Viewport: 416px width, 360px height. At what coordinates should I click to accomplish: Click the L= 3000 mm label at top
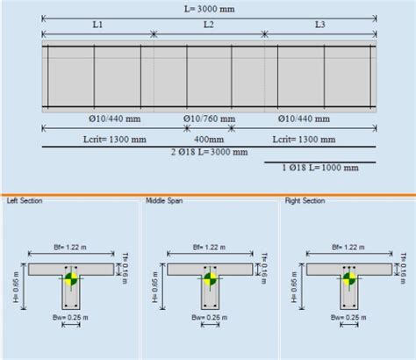pos(208,7)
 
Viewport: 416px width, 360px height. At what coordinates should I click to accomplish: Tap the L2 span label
pos(208,26)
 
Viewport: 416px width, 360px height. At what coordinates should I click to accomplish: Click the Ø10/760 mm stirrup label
pos(210,117)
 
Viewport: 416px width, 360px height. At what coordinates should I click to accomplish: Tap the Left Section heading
pos(24,201)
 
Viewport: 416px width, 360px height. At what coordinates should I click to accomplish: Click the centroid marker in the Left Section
pos(72,281)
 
